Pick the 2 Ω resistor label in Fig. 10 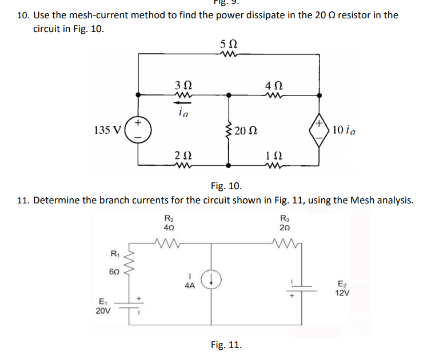183,155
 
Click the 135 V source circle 137,130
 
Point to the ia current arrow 183,103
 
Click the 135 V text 106,130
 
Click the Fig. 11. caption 226,345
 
